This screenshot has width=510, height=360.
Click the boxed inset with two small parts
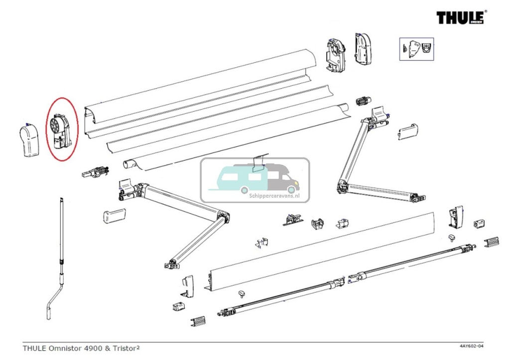[x=416, y=49]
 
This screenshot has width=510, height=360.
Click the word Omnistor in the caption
[x=67, y=348]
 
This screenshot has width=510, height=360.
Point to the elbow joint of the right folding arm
[x=342, y=186]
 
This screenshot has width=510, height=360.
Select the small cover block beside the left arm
[x=113, y=217]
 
